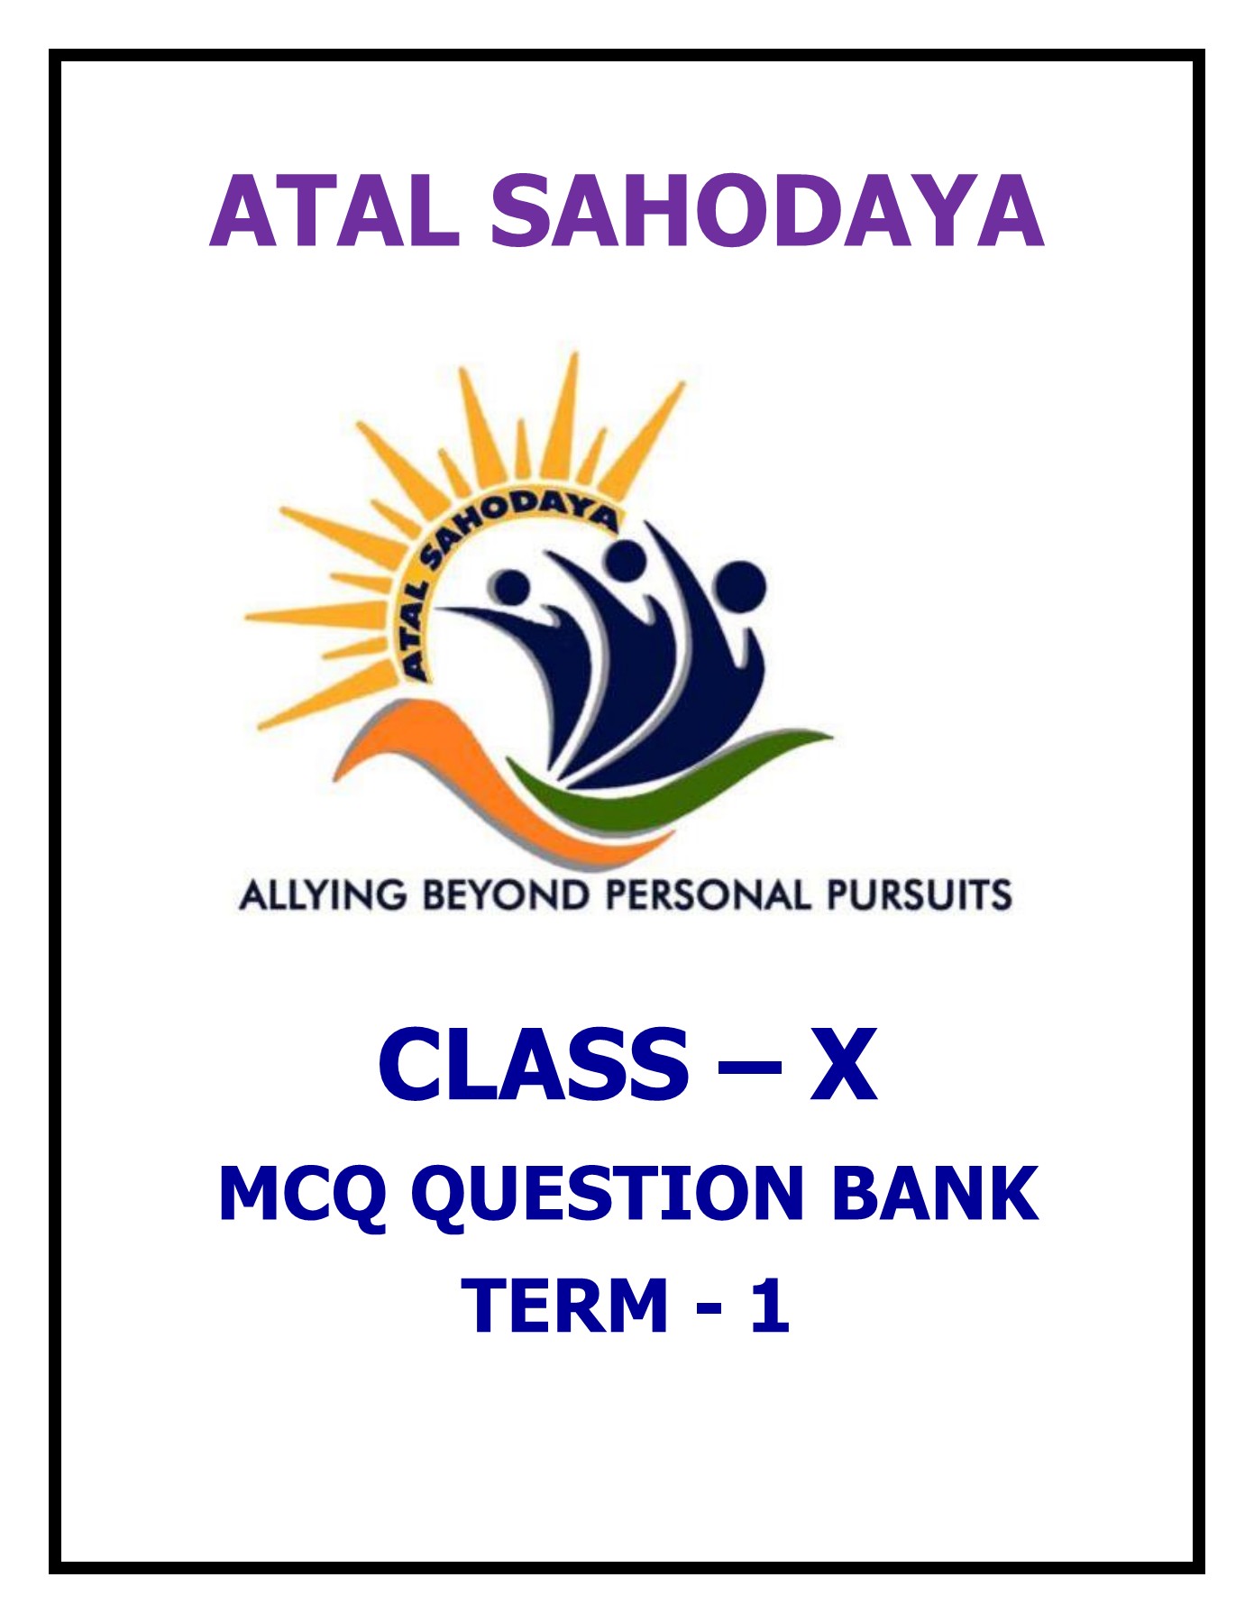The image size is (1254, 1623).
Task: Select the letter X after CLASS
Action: point(844,1066)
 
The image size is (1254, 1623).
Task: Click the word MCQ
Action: point(303,1195)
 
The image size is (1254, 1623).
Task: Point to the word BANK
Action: point(934,1194)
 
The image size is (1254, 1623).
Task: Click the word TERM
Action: point(564,1305)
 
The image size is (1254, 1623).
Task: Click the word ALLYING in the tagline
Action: point(323,895)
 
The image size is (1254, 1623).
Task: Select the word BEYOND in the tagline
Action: point(507,895)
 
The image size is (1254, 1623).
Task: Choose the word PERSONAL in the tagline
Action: point(708,895)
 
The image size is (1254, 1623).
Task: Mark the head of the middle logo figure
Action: point(625,559)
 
